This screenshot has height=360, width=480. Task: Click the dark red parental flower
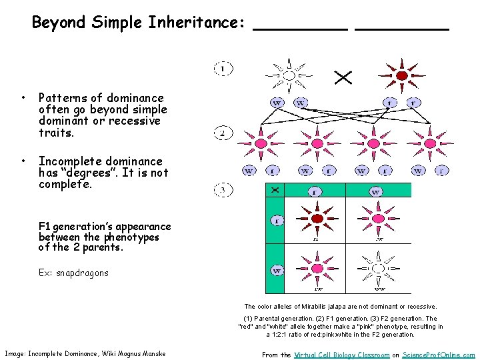tap(401, 74)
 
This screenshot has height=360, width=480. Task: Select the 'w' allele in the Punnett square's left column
tap(276, 271)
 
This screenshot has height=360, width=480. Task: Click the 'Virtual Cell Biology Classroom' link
tap(341, 355)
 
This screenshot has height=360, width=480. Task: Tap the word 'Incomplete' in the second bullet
tap(65, 161)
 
